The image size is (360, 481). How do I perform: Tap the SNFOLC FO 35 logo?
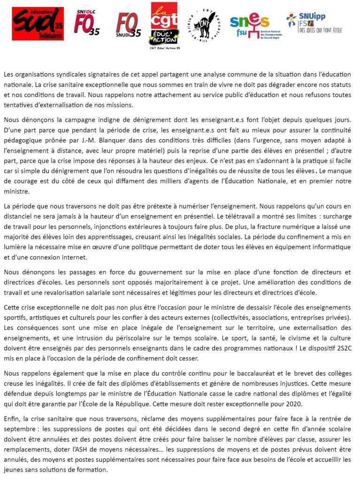tap(88, 23)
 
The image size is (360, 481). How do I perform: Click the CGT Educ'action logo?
tap(164, 23)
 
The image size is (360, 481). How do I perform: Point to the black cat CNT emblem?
tap(206, 24)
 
